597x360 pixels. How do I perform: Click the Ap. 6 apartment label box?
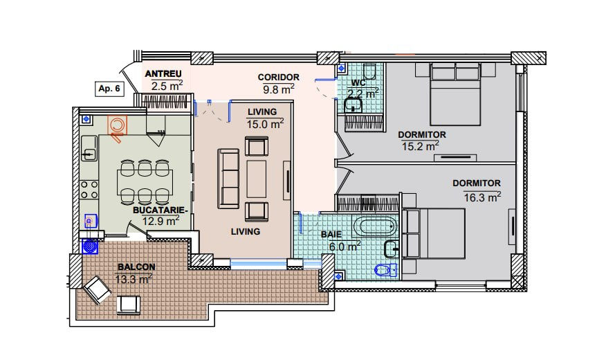[x=109, y=89]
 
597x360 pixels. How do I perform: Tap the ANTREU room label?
[x=163, y=73]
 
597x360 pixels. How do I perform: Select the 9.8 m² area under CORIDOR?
[x=278, y=89]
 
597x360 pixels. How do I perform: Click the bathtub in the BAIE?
[x=376, y=226]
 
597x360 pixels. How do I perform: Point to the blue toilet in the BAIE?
[x=385, y=270]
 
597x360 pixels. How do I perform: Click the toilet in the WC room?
[x=369, y=71]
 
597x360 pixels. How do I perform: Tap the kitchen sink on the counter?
[x=89, y=149]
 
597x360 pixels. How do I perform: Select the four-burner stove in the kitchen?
[x=89, y=190]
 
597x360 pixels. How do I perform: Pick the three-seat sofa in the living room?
[x=228, y=179]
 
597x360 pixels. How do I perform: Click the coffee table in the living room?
[x=256, y=179]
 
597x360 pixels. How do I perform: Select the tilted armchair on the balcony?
[x=97, y=290]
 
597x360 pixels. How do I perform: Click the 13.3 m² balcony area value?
[x=134, y=279]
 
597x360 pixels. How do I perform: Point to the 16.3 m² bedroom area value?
[x=482, y=197]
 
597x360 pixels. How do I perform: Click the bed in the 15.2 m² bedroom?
[x=455, y=93]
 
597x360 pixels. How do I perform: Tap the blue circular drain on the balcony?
[x=91, y=246]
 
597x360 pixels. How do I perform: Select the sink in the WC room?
[x=353, y=105]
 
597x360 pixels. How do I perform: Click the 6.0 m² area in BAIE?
[x=345, y=246]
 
